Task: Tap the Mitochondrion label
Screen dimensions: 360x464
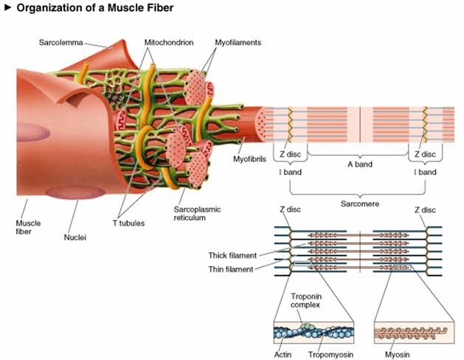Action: click(169, 43)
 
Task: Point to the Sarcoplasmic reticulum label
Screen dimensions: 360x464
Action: click(198, 214)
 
